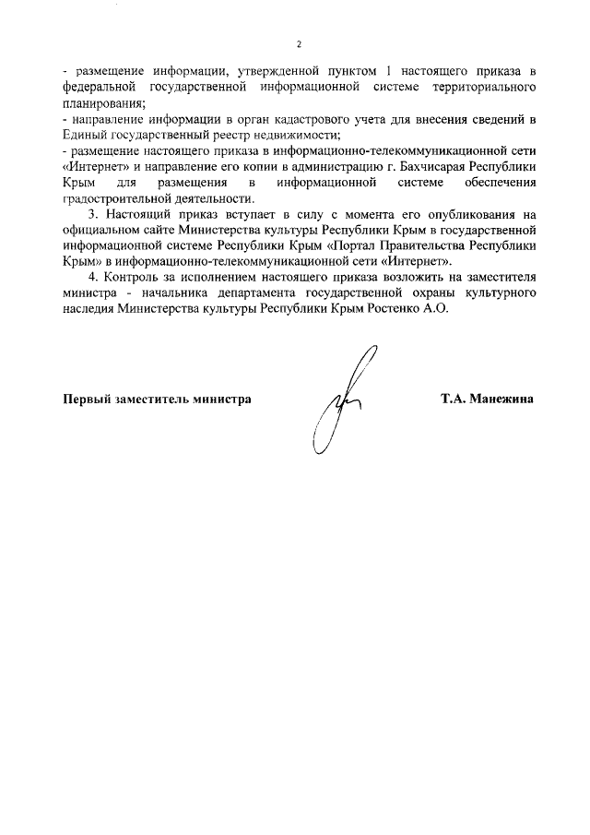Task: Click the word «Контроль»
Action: coord(132,279)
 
